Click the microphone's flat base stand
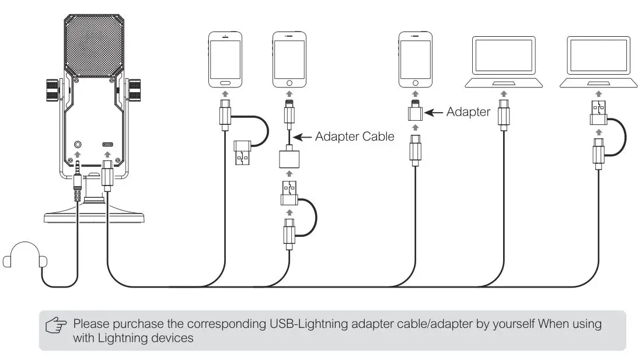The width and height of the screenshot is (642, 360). tap(95, 217)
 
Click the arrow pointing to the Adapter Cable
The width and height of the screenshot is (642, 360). tap(302, 138)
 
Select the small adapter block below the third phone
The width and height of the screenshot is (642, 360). tap(414, 113)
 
